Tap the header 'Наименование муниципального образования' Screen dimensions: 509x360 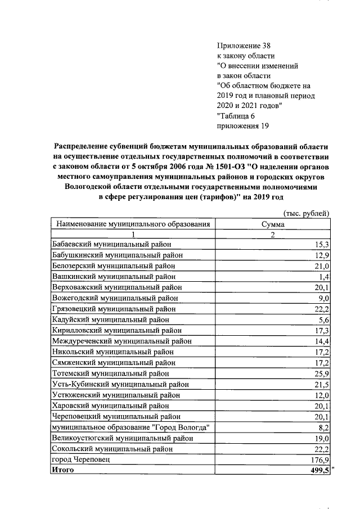pyautogui.click(x=133, y=224)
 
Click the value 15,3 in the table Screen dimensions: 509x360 pyautogui.click(x=322, y=245)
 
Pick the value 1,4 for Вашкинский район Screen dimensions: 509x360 pyautogui.click(x=324, y=277)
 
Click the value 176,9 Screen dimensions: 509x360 pyautogui.click(x=319, y=460)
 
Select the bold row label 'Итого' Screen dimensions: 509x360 pyautogui.click(x=63, y=470)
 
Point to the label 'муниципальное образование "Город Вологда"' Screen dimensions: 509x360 pyautogui.click(x=130, y=427)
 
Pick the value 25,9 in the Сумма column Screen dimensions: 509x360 pyautogui.click(x=322, y=373)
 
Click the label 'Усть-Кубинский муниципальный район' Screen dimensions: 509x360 pyautogui.click(x=120, y=384)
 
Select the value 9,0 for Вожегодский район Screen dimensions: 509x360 pyautogui.click(x=324, y=298)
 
